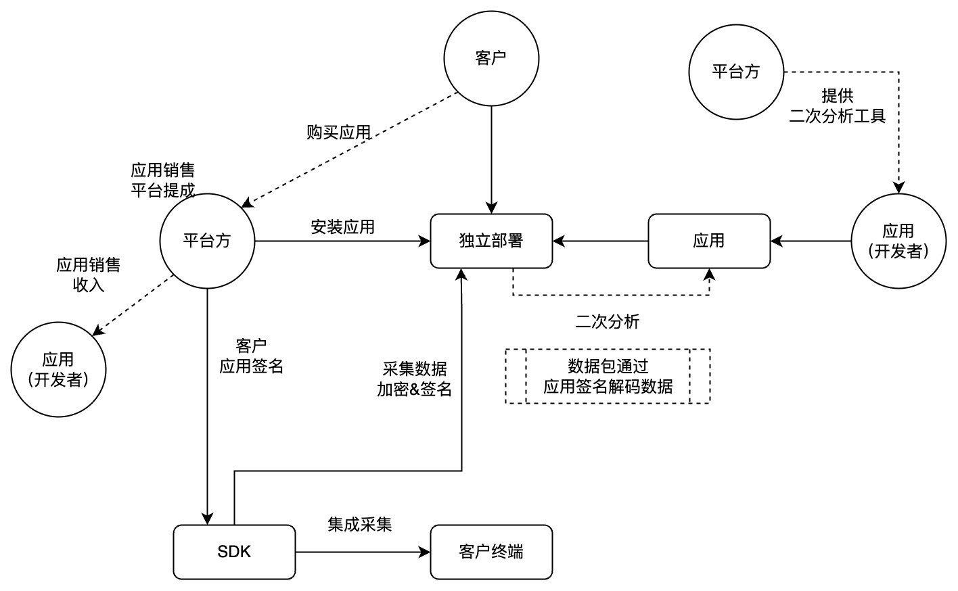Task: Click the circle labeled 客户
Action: tap(491, 58)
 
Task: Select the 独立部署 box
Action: tap(491, 241)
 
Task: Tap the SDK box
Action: tap(234, 552)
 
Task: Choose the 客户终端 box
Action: tap(491, 552)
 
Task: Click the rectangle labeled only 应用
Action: tap(708, 241)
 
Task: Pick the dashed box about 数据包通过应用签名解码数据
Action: tap(608, 377)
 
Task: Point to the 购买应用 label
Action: tap(338, 133)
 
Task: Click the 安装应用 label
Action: tap(342, 227)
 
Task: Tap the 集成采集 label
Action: tap(359, 524)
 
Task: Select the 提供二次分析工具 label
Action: tap(837, 105)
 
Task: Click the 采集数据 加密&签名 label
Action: tap(414, 379)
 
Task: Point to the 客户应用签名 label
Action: tap(251, 356)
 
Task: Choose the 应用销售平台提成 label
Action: tap(162, 180)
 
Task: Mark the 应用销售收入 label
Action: tap(88, 275)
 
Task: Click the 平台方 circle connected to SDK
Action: tap(207, 241)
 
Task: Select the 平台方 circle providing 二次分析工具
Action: tap(736, 72)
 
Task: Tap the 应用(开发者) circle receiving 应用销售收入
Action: tap(58, 369)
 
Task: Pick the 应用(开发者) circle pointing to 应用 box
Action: tap(898, 241)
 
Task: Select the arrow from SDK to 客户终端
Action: tap(363, 552)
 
